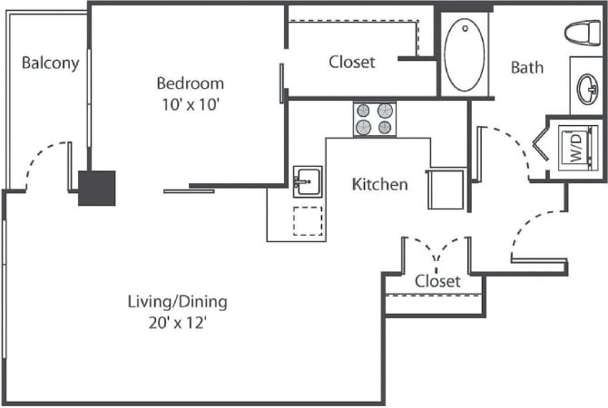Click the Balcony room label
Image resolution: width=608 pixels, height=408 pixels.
tap(51, 63)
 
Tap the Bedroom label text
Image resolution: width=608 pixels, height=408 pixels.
tap(188, 81)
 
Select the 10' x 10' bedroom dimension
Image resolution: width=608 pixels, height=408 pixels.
tap(188, 102)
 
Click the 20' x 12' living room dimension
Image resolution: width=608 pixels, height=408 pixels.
tap(177, 322)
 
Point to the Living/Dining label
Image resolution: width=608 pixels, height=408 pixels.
tap(177, 302)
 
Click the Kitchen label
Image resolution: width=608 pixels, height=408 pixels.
tap(379, 184)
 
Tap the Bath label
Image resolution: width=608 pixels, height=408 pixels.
tap(526, 67)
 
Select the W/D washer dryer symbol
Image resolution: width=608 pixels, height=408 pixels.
tap(574, 145)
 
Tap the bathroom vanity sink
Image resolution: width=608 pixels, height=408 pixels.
tap(586, 88)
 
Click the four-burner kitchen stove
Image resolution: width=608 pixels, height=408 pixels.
tap(375, 120)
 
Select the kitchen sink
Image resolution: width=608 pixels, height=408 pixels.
tap(307, 180)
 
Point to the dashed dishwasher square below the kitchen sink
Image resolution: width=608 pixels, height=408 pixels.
tap(308, 221)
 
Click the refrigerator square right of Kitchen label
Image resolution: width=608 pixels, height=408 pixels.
tap(446, 189)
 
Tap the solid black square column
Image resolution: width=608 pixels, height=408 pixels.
tap(96, 188)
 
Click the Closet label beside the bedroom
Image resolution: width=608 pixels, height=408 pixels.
tap(352, 63)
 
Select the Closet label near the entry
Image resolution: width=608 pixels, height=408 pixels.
tap(437, 281)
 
